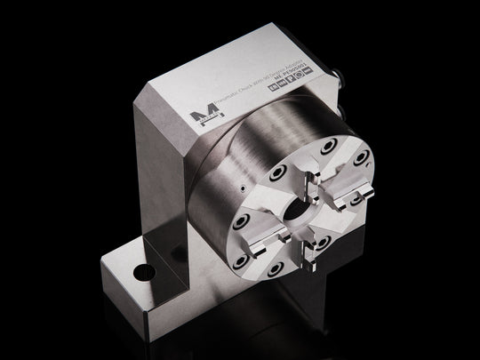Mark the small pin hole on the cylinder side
(x=242, y=189)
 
